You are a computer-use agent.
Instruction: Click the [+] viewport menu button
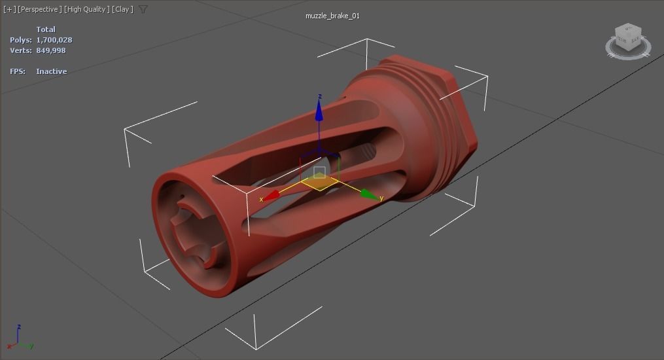pyautogui.click(x=9, y=9)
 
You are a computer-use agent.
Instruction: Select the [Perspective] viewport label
pyautogui.click(x=40, y=9)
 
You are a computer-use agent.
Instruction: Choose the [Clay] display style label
pyautogui.click(x=122, y=9)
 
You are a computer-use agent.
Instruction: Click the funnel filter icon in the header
pyautogui.click(x=143, y=9)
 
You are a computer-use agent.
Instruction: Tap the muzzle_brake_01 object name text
pyautogui.click(x=332, y=16)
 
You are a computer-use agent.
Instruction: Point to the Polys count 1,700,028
pyautogui.click(x=54, y=40)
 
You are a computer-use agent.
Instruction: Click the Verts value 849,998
pyautogui.click(x=51, y=50)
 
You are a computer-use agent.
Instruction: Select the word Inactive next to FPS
pyautogui.click(x=52, y=71)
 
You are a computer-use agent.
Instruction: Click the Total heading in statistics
pyautogui.click(x=46, y=29)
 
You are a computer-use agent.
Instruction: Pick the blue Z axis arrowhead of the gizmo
pyautogui.click(x=319, y=113)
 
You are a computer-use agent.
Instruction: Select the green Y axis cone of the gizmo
pyautogui.click(x=369, y=194)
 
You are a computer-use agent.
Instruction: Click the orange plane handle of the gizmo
pyautogui.click(x=320, y=183)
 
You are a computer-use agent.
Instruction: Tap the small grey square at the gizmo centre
pyautogui.click(x=319, y=173)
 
